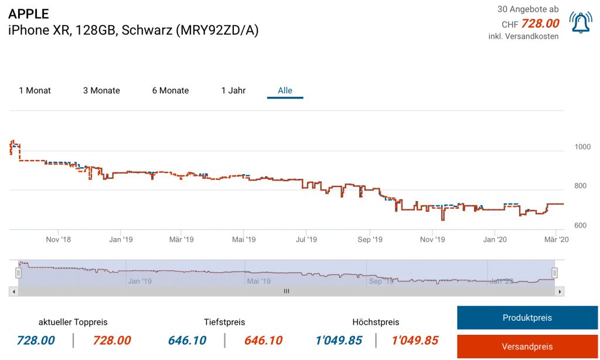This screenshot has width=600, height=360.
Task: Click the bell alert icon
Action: [x=580, y=23]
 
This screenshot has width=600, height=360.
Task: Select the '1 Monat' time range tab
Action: [x=35, y=90]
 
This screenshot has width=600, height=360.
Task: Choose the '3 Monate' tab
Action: [x=101, y=90]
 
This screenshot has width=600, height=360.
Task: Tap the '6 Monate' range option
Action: [x=171, y=90]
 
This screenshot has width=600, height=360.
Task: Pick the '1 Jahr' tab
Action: [x=233, y=90]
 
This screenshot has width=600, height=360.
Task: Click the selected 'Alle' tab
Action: [x=285, y=90]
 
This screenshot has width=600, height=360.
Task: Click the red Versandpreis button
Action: [x=527, y=347]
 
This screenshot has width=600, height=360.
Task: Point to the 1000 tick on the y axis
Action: [x=582, y=147]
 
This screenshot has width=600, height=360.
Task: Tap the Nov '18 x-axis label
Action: [x=58, y=239]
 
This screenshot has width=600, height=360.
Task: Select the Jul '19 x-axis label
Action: [x=306, y=239]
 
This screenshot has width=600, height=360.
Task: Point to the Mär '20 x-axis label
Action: [x=556, y=239]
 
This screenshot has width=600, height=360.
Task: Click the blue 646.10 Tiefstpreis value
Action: [x=187, y=341]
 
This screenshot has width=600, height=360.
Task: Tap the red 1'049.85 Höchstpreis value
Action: [x=415, y=341]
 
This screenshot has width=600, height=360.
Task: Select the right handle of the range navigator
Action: [x=554, y=273]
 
